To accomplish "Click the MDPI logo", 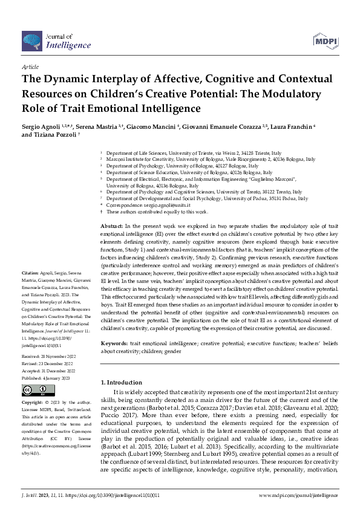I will coord(324,41).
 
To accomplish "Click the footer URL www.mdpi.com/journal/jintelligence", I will coord(299,495).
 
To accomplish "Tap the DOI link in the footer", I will coord(107,495).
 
